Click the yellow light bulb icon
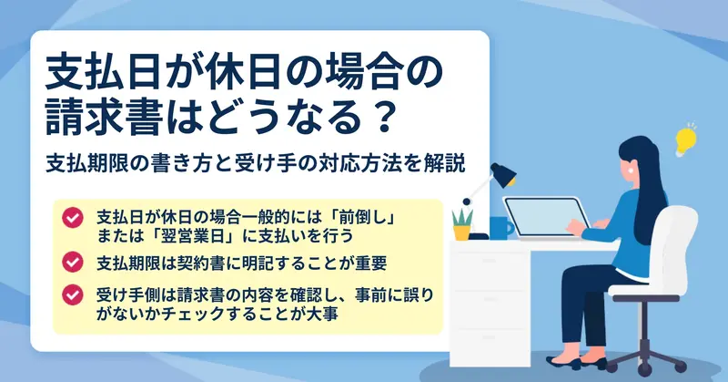pos(685,140)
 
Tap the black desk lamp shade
pos(503,175)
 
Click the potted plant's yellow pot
pos(461,232)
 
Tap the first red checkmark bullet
pos(73,217)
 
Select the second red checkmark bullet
pos(73,262)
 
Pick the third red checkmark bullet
pos(73,295)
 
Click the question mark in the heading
pos(384,119)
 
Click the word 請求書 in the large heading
pos(105,119)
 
